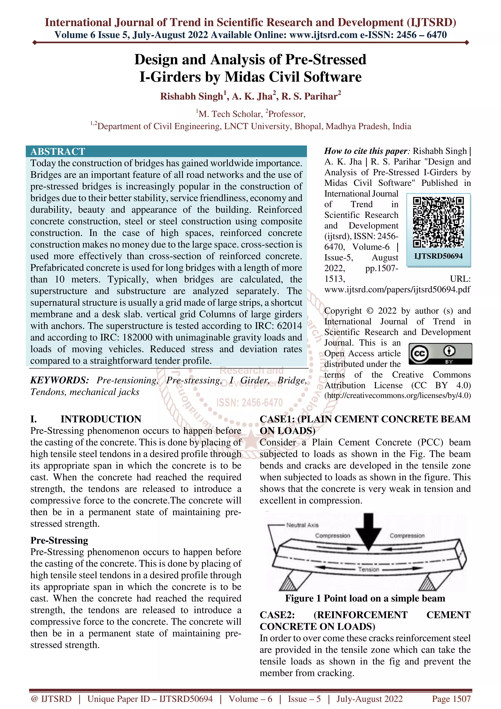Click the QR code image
(438, 222)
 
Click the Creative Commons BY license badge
(440, 354)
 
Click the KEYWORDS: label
(60, 380)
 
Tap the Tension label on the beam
(369, 569)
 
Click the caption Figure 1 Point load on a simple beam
(365, 598)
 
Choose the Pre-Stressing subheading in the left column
(59, 540)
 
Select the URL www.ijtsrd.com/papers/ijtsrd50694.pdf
(397, 289)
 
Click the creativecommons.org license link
(397, 396)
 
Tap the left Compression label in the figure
(332, 536)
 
